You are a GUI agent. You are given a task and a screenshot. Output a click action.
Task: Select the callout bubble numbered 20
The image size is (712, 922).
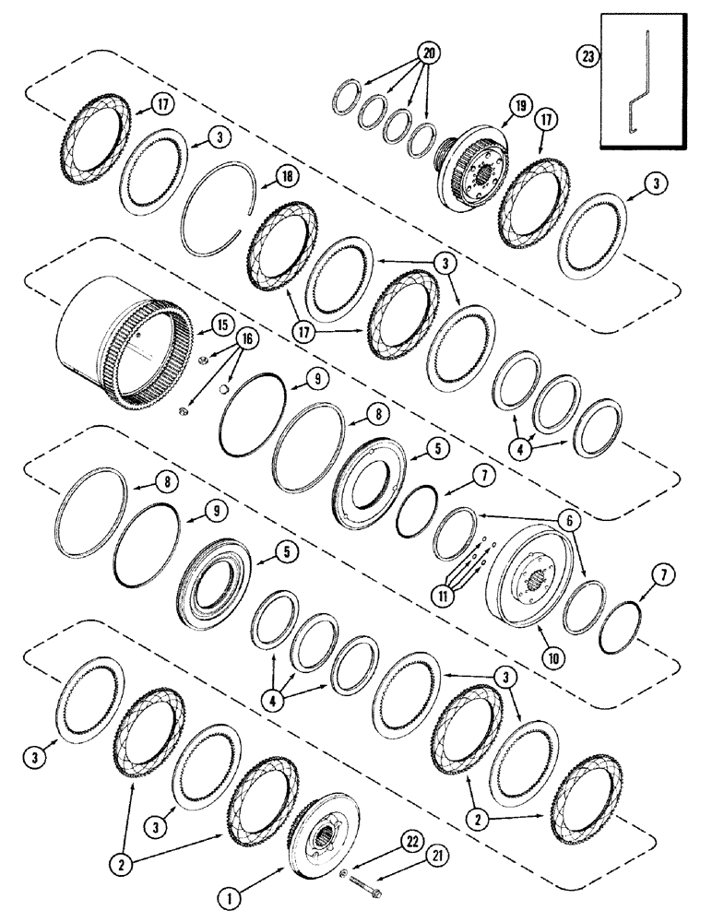[x=426, y=52]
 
